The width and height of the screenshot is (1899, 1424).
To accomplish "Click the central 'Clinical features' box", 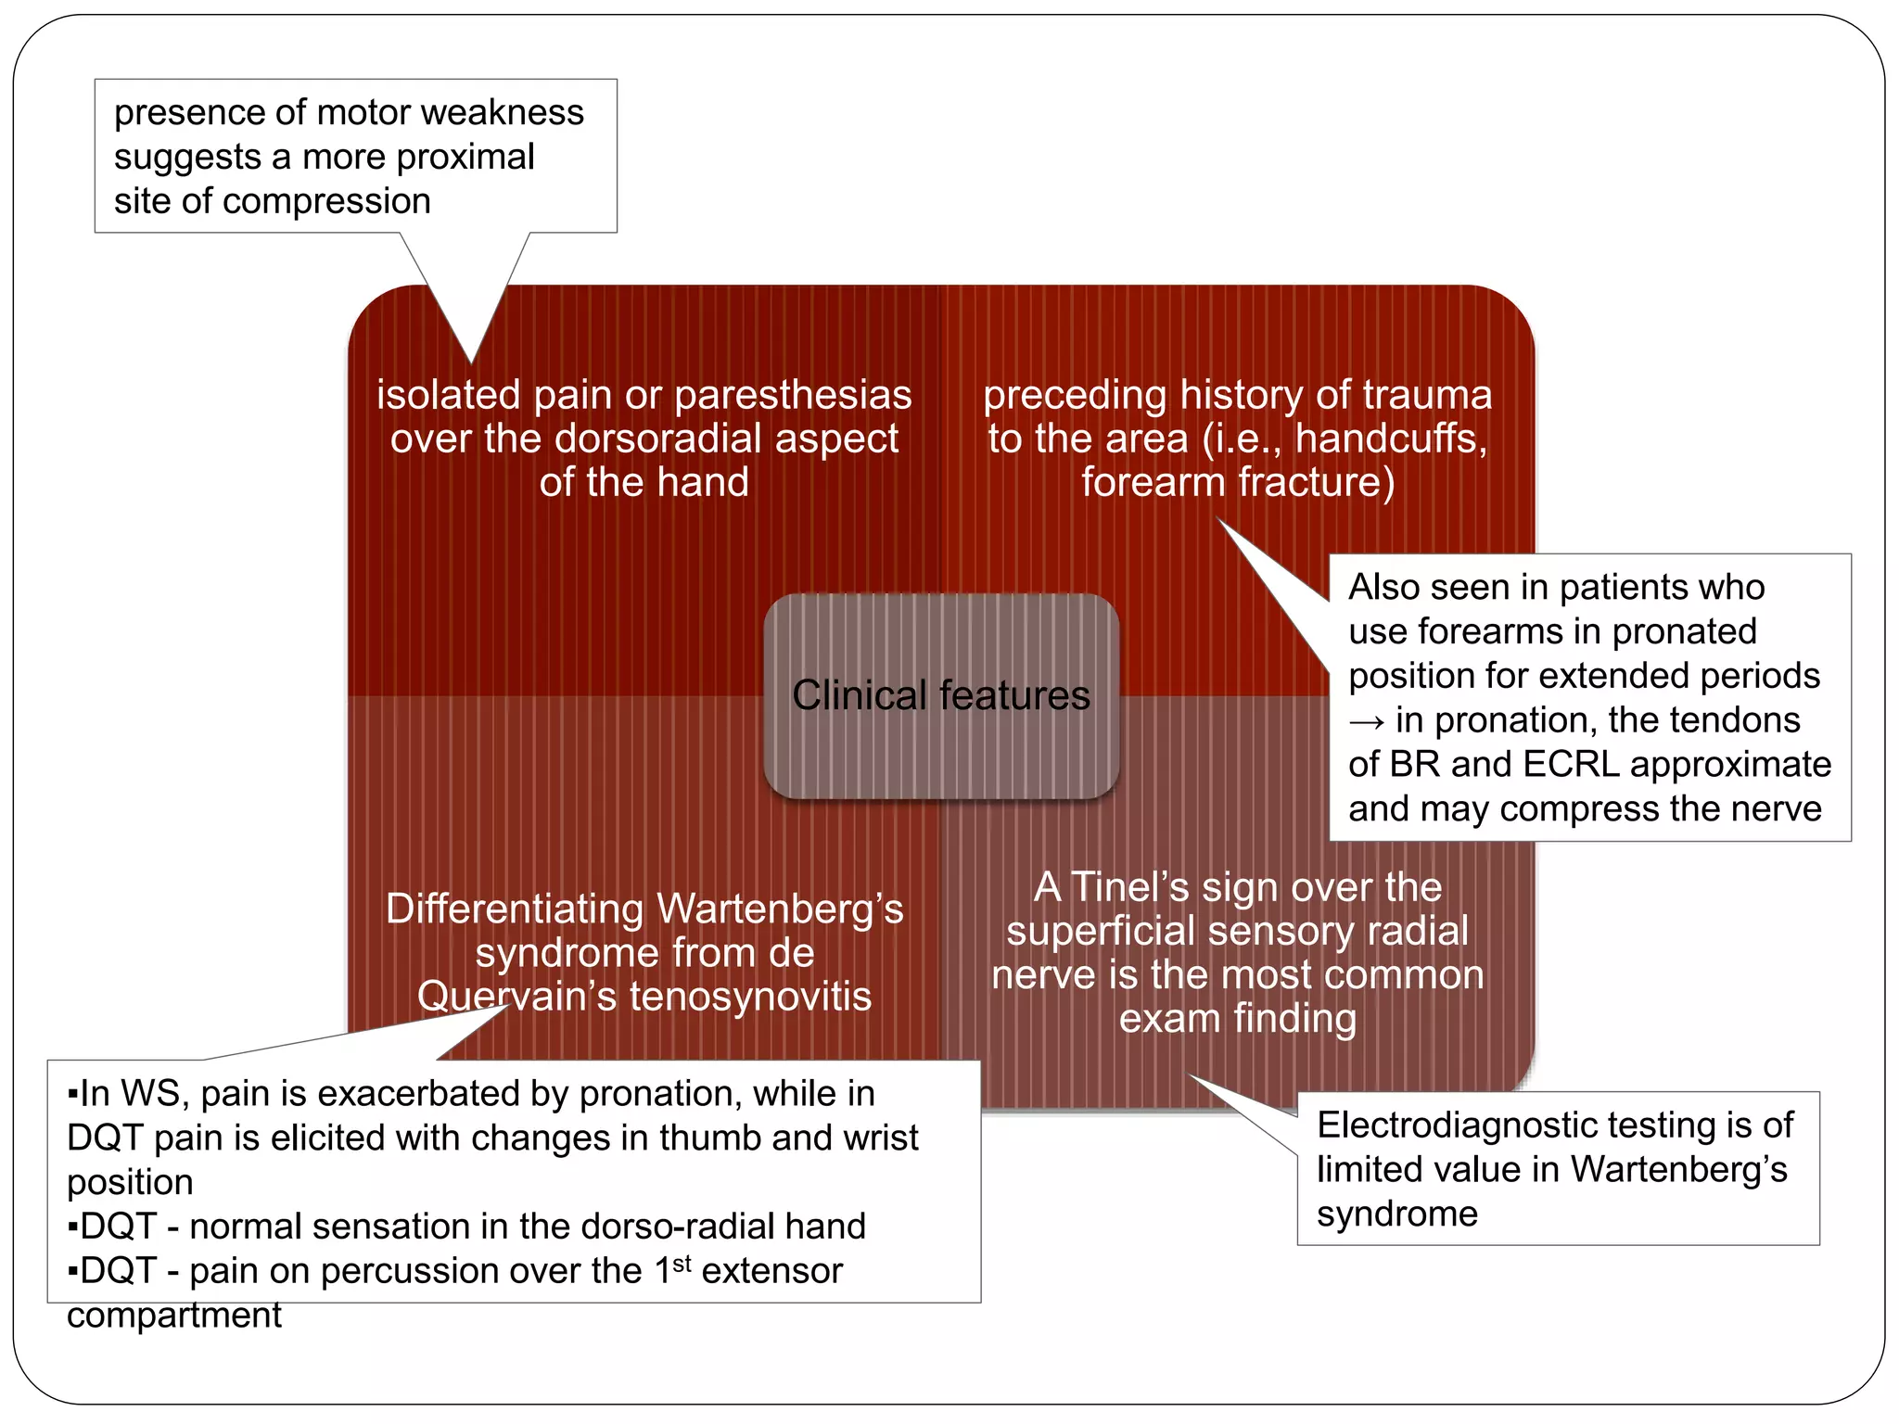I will point(941,695).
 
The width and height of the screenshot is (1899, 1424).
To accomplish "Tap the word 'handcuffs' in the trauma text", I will point(1390,439).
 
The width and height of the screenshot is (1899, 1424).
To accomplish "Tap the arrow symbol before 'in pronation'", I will point(1366,721).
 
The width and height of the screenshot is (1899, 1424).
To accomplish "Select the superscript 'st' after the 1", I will point(682,1264).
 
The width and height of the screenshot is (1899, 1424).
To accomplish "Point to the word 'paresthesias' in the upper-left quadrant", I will point(793,396).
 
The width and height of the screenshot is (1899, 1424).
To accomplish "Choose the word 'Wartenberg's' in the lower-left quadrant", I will point(779,909).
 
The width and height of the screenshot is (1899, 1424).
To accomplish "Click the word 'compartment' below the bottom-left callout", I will point(174,1316).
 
